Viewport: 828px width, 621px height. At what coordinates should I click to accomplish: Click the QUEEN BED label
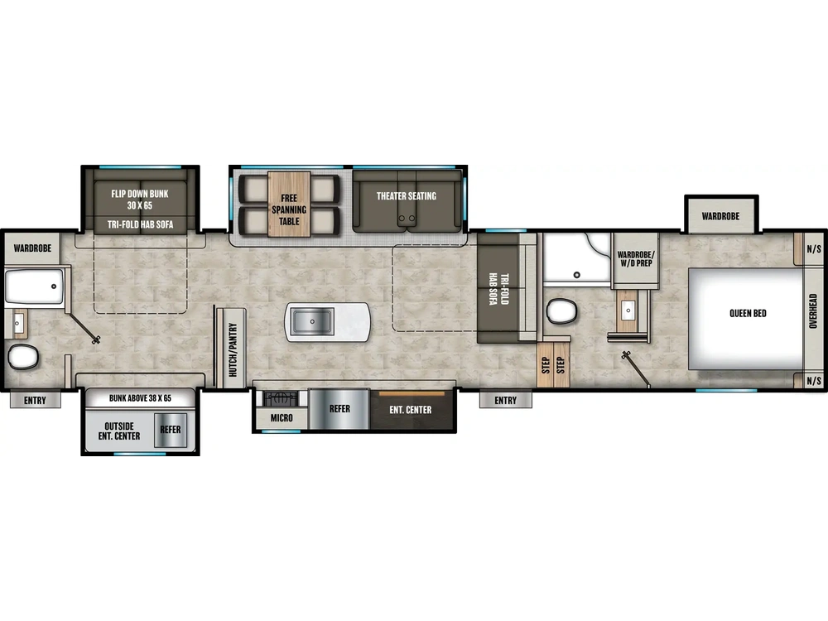click(747, 314)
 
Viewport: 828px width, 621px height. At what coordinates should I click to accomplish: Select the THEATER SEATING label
click(406, 196)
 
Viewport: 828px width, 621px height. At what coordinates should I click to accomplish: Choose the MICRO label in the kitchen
click(282, 417)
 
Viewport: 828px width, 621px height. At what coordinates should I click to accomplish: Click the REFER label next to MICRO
click(339, 409)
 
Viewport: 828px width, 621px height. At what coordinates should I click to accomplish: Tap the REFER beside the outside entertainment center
click(171, 430)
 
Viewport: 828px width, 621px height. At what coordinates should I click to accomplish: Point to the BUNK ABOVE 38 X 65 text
click(140, 398)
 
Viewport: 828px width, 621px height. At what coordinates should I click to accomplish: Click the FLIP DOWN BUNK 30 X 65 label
click(140, 199)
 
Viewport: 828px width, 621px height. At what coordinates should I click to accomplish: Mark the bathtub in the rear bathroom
click(34, 286)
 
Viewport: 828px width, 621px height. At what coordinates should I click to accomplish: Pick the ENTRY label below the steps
click(505, 401)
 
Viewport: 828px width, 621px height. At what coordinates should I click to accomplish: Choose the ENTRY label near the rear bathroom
click(36, 401)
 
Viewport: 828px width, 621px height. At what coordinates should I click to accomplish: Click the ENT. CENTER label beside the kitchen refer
click(411, 410)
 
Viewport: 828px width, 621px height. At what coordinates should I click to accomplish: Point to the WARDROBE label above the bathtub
click(33, 248)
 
